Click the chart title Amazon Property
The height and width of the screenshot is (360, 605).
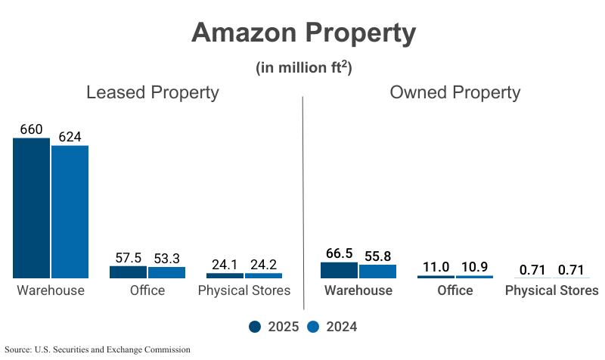(x=303, y=33)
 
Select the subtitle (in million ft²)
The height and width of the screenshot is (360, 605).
(x=303, y=67)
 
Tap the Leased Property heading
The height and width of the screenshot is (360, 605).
(x=152, y=92)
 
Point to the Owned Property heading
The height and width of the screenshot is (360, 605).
(x=455, y=92)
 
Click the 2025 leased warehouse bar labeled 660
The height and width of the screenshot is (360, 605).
(x=31, y=208)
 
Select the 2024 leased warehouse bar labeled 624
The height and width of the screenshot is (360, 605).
(x=70, y=212)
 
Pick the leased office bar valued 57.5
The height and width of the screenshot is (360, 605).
(x=128, y=272)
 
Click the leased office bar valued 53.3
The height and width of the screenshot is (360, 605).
(x=166, y=273)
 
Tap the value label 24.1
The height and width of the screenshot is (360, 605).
(x=225, y=265)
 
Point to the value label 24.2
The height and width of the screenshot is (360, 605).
(x=263, y=265)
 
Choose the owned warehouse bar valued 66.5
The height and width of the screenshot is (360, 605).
(x=339, y=271)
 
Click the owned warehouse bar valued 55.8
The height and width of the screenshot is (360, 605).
(x=377, y=272)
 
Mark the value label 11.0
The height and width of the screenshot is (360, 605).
(x=436, y=267)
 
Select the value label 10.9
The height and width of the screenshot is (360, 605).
(x=474, y=267)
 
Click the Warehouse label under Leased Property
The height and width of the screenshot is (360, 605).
(x=51, y=290)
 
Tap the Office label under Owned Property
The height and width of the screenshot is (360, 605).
(x=455, y=290)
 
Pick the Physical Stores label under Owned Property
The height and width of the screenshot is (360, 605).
(x=551, y=290)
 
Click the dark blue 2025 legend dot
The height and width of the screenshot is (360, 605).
(x=255, y=327)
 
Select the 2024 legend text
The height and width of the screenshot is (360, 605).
(x=341, y=327)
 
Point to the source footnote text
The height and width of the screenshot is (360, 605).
(x=98, y=349)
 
